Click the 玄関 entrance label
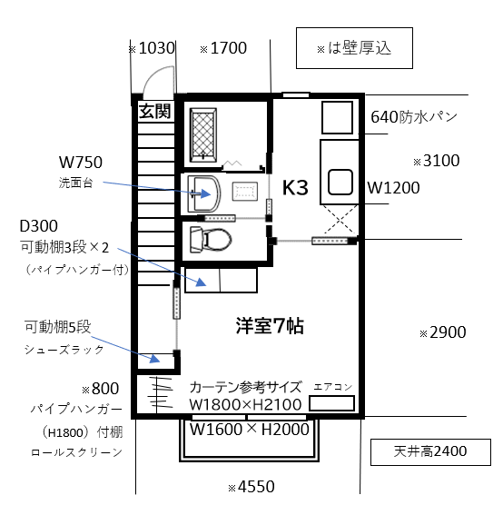pyautogui.click(x=154, y=111)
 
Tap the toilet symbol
pyautogui.click(x=211, y=240)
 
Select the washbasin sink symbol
pyautogui.click(x=204, y=193)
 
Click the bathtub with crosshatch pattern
pyautogui.click(x=203, y=135)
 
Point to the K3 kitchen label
pyautogui.click(x=295, y=188)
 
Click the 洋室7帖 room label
pyautogui.click(x=270, y=326)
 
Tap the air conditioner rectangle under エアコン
pyautogui.click(x=332, y=403)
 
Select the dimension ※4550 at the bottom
pyautogui.click(x=251, y=487)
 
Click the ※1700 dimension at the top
pyautogui.click(x=223, y=48)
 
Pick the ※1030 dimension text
pyautogui.click(x=152, y=48)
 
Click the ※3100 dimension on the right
pyautogui.click(x=437, y=161)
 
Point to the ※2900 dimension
pyautogui.click(x=442, y=332)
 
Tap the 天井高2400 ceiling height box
pyautogui.click(x=430, y=452)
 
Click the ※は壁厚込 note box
pyautogui.click(x=354, y=48)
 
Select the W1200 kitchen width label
pyautogui.click(x=394, y=188)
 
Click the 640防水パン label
pyautogui.click(x=414, y=117)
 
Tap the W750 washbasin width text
pyautogui.click(x=81, y=163)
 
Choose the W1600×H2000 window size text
pyautogui.click(x=250, y=430)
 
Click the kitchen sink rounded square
pyautogui.click(x=340, y=183)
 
